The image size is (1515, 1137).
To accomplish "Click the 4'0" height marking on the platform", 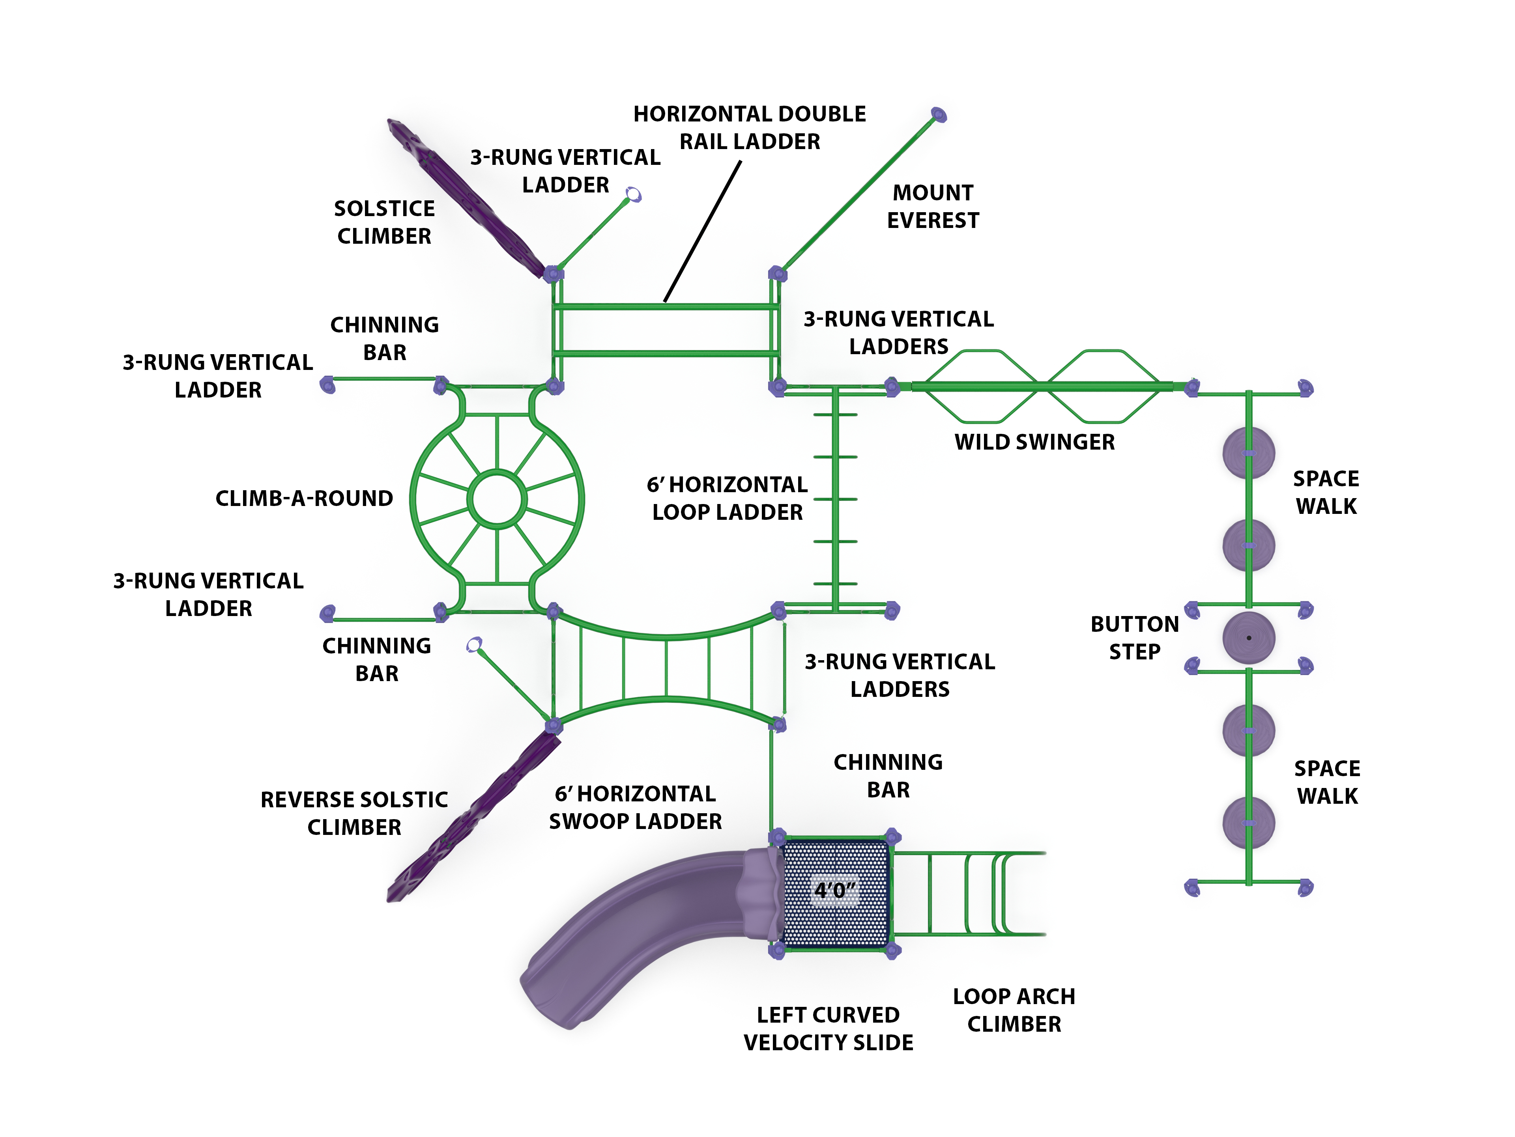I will (x=834, y=891).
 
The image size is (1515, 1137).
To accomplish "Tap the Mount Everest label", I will (x=933, y=207).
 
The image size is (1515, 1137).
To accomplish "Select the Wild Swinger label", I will (x=1034, y=442).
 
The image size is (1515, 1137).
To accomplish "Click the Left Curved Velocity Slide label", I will (x=828, y=1029).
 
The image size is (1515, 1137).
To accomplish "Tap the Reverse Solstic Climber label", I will (x=354, y=813).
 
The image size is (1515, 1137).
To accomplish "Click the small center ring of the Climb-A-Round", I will (x=497, y=499).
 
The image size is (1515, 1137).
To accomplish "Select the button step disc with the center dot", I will (x=1249, y=638).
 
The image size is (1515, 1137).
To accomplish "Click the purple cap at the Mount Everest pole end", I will (x=939, y=114).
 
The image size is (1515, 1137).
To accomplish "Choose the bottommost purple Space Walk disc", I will (x=1249, y=823).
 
